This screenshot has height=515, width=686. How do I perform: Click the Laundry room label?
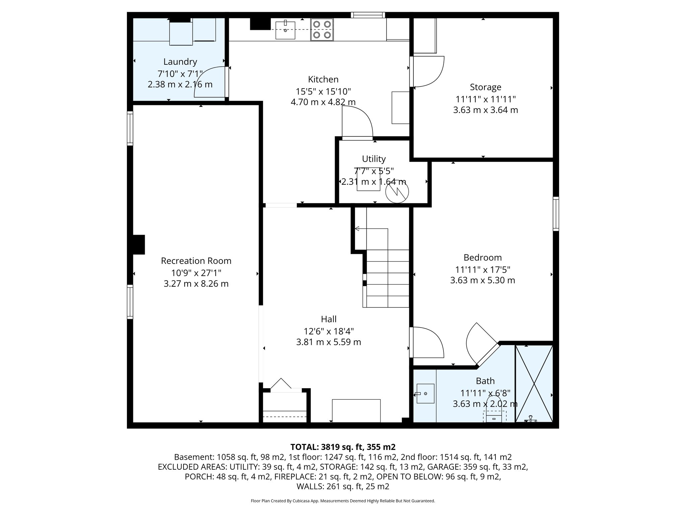click(180, 62)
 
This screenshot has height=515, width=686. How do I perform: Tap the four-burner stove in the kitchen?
click(322, 30)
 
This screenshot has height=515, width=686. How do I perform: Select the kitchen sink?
click(285, 30)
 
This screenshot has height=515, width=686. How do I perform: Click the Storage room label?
click(485, 87)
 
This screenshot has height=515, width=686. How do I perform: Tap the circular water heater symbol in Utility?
click(397, 192)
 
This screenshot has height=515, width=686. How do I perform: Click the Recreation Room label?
click(196, 261)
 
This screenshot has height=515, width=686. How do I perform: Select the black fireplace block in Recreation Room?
click(139, 244)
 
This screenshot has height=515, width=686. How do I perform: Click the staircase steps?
click(387, 278)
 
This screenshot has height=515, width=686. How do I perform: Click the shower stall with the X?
click(534, 384)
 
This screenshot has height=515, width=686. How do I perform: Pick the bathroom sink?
click(425, 393)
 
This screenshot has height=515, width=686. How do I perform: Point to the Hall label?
click(329, 319)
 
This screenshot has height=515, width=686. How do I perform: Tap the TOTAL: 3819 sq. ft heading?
click(343, 447)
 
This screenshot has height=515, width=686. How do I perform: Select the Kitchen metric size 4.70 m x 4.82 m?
click(323, 102)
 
